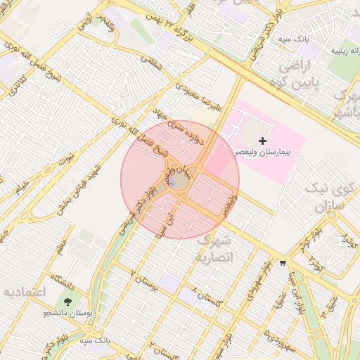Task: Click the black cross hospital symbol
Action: click(x=263, y=141)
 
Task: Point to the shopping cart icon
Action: click(x=283, y=262)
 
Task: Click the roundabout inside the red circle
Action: click(x=176, y=181)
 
